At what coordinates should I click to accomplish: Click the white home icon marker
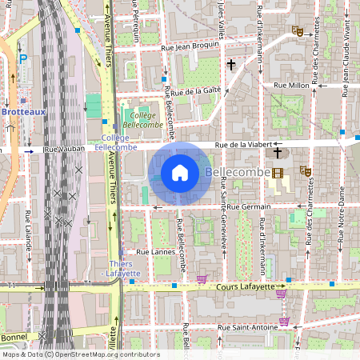tap(180, 172)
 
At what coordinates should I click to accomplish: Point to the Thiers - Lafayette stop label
tap(124, 269)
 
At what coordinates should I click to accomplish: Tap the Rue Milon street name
tap(291, 84)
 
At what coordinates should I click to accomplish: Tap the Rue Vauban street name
tap(64, 150)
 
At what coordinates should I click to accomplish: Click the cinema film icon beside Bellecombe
tap(278, 173)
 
